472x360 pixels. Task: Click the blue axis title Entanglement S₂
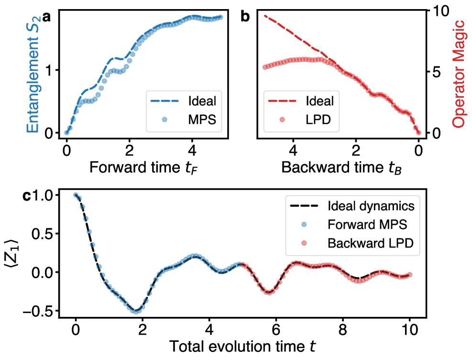tap(33, 75)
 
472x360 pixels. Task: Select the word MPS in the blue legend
tap(202, 120)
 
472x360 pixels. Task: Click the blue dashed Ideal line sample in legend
tap(164, 101)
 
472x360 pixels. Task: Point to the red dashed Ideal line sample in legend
tap(282, 101)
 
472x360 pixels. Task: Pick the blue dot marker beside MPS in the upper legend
tap(164, 120)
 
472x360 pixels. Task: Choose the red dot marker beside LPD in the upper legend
tap(282, 120)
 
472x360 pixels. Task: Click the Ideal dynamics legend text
tap(371, 206)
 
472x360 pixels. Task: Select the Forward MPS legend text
tap(367, 225)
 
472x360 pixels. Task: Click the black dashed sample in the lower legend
tap(304, 206)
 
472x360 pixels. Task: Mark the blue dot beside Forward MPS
tap(304, 225)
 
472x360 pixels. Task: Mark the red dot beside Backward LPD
tap(304, 243)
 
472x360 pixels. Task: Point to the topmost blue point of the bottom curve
tap(76, 194)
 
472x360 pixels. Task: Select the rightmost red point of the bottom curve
tap(410, 275)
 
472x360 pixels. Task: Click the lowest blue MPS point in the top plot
tap(66, 133)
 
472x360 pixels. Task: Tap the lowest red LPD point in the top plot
tap(418, 133)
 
